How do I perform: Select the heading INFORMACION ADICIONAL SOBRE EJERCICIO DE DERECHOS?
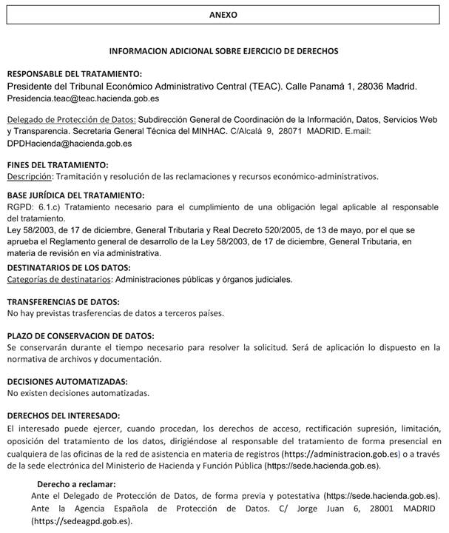pos(223,52)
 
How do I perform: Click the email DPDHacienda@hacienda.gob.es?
pos(70,144)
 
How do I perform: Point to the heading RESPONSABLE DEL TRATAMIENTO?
pos(73,75)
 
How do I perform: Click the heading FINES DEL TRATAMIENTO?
pos(58,164)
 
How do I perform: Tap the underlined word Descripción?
pos(30,176)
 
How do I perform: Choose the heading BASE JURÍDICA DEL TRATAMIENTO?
pos(75,196)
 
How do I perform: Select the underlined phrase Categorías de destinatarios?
pos(58,279)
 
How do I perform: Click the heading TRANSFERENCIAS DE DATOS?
pos(63,301)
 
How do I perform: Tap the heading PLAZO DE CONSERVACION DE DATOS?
pos(80,335)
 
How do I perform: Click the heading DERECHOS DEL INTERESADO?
pos(63,415)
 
